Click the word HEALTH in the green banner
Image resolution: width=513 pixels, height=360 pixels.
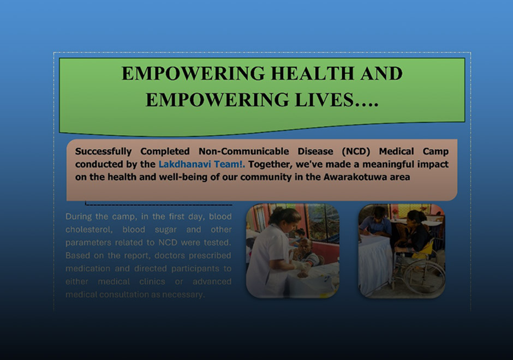pyautogui.click(x=312, y=73)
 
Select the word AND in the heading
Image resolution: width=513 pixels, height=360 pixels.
pyautogui.click(x=381, y=73)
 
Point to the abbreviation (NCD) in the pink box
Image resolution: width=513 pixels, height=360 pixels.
pyautogui.click(x=356, y=152)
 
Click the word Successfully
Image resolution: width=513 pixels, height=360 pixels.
pyautogui.click(x=103, y=152)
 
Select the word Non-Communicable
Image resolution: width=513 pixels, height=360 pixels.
pyautogui.click(x=244, y=152)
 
